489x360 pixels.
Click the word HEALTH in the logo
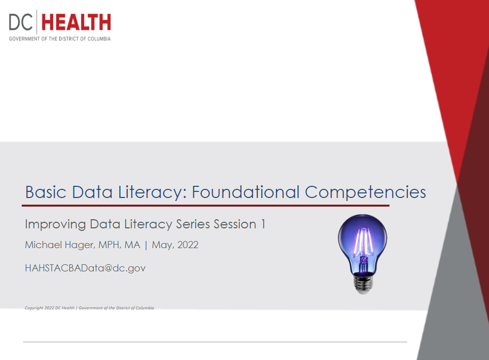[x=76, y=22]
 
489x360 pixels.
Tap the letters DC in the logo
[x=21, y=22]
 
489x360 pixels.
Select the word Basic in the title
[x=46, y=192]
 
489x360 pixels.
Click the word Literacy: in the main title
[x=153, y=192]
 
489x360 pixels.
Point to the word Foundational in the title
[x=246, y=192]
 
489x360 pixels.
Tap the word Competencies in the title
[x=365, y=193]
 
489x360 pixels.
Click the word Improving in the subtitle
[x=55, y=224]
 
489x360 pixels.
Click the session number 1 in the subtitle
[x=263, y=224]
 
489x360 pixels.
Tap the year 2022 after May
[x=187, y=245]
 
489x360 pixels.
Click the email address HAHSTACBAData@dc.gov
[x=85, y=268]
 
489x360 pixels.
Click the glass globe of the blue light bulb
[x=362, y=239]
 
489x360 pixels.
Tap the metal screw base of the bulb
[x=363, y=284]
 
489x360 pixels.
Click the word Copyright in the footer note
[x=34, y=308]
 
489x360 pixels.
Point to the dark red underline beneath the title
[x=206, y=206]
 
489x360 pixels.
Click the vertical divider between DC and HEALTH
[x=37, y=22]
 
